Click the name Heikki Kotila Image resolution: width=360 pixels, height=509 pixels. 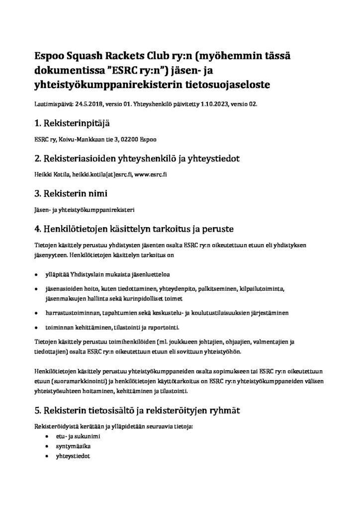tap(51, 175)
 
